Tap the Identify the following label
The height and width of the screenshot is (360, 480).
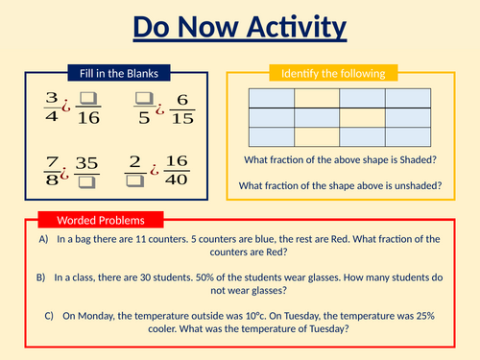pos(331,73)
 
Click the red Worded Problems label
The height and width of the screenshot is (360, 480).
pos(100,220)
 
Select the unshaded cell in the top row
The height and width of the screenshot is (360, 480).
pos(317,98)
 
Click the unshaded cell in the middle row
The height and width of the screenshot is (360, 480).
pos(363,116)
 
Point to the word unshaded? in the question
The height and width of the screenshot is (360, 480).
pos(416,185)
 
